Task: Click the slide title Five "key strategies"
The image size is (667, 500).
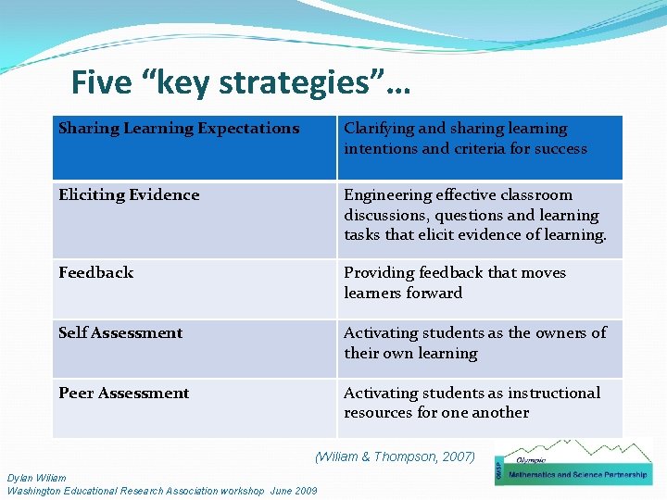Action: click(x=241, y=83)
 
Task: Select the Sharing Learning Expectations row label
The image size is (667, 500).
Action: click(x=179, y=129)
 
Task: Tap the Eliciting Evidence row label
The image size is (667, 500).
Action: click(x=129, y=195)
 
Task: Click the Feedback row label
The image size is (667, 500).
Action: click(x=95, y=273)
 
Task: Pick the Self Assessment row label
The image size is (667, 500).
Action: click(x=120, y=333)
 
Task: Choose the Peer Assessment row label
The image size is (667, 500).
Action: click(x=123, y=394)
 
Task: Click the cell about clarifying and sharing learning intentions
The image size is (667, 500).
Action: click(x=465, y=139)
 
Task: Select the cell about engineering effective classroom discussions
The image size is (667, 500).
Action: click(x=474, y=215)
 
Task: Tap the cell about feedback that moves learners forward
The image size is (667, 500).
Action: click(x=454, y=282)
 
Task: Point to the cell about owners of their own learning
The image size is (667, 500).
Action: click(x=474, y=343)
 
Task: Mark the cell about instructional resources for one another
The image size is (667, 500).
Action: click(x=472, y=403)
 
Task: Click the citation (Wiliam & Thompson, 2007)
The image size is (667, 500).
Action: click(x=395, y=456)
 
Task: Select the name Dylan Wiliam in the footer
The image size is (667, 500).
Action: click(x=36, y=478)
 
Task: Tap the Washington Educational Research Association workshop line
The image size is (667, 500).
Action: click(x=162, y=491)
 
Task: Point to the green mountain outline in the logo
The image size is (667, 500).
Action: click(x=593, y=453)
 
